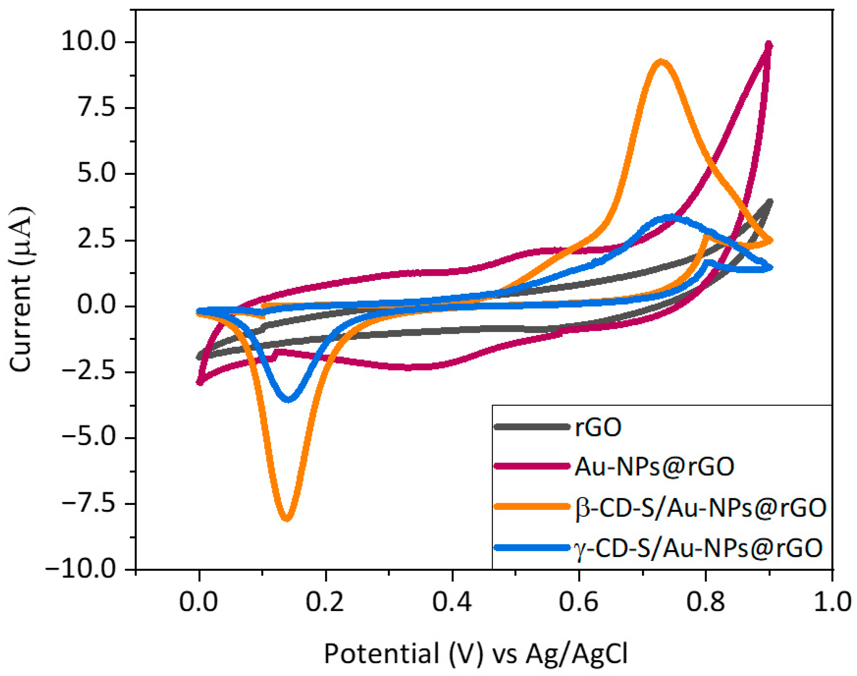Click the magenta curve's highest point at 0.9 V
click(769, 45)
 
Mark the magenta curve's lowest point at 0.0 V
click(200, 382)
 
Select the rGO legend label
click(598, 427)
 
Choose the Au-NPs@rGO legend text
click(654, 466)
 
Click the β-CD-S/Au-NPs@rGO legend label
click(700, 508)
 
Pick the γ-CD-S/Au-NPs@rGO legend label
click(698, 548)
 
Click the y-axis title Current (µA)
click(21, 289)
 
